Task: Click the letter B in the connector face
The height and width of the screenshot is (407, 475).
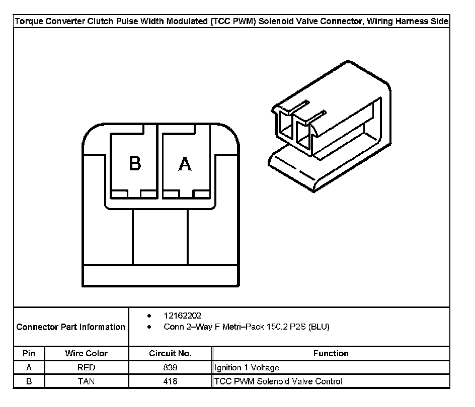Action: [134, 163]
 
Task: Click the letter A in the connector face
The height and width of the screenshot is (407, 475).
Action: [185, 164]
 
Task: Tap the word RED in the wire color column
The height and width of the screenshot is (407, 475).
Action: [86, 368]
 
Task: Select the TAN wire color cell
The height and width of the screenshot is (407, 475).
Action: [86, 381]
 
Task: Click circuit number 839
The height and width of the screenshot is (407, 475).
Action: [170, 368]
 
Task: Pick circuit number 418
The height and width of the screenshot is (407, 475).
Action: [170, 381]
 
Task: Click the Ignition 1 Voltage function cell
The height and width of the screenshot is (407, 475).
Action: [247, 368]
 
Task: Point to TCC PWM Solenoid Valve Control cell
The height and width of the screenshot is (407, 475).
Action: [278, 381]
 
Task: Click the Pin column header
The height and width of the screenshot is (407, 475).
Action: [29, 354]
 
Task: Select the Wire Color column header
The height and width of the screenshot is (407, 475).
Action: [86, 354]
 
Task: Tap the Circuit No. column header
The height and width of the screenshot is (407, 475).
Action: [170, 354]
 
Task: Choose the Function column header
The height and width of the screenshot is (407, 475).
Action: [331, 354]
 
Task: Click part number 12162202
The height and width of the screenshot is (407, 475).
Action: [182, 316]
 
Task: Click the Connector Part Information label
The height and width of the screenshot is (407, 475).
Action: [70, 327]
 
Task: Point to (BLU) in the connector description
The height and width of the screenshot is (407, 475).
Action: [319, 327]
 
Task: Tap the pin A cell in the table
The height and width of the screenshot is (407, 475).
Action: [29, 368]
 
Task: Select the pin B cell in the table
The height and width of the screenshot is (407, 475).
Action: [29, 381]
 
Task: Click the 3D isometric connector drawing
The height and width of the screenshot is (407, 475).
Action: [330, 126]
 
